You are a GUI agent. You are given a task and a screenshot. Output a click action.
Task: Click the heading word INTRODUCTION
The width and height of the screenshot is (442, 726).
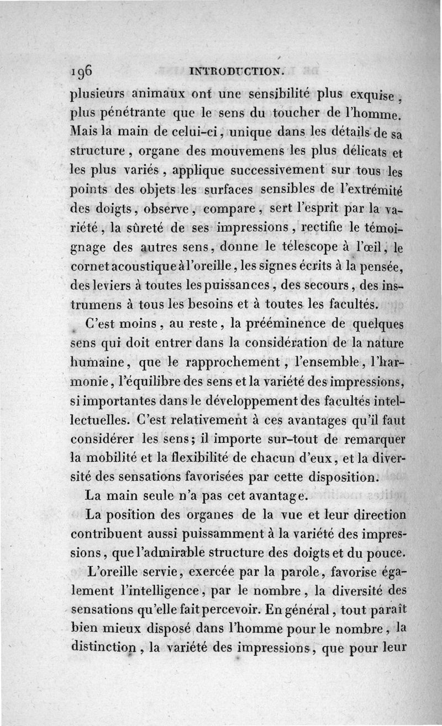[x=236, y=70]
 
